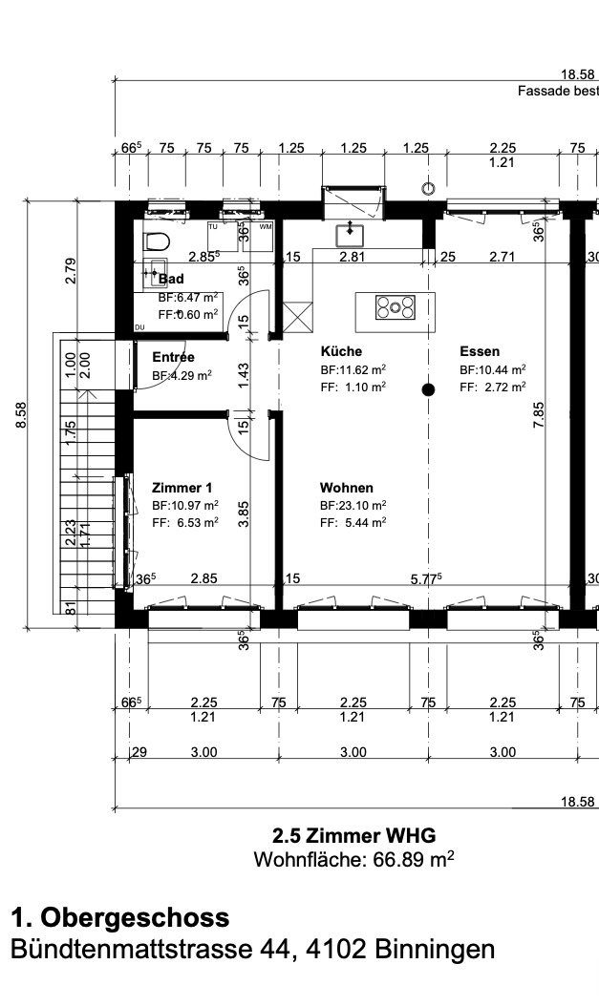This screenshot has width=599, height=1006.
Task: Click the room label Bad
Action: click(x=170, y=279)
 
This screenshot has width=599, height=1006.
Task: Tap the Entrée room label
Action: click(x=173, y=357)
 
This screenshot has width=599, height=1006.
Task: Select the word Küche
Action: click(x=341, y=351)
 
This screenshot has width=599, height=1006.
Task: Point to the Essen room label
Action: click(x=479, y=351)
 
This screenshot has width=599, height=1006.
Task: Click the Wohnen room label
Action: click(x=347, y=487)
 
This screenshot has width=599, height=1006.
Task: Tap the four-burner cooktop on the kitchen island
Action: click(x=396, y=306)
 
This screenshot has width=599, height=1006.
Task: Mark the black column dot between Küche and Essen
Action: click(x=429, y=388)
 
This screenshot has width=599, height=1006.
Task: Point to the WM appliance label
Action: click(x=265, y=226)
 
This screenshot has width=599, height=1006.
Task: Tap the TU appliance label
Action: click(x=214, y=226)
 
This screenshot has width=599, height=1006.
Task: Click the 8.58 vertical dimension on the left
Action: click(x=20, y=414)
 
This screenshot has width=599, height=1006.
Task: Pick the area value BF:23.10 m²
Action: click(x=353, y=505)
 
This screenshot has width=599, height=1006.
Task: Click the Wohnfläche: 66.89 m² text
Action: click(x=353, y=859)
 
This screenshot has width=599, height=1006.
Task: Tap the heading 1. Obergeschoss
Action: click(x=119, y=918)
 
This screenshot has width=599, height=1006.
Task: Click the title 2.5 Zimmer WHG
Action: click(x=353, y=836)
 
